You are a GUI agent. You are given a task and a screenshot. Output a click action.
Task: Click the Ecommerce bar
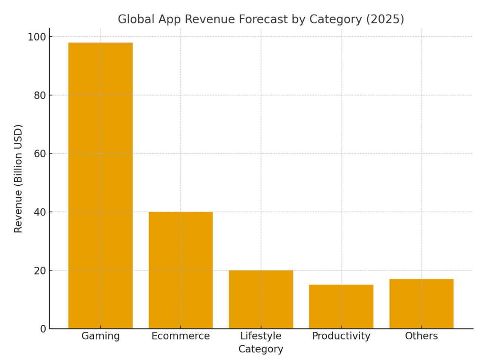point(180,270)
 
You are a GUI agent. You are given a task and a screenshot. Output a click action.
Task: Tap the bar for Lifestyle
point(261,299)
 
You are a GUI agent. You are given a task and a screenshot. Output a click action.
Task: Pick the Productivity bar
point(341,307)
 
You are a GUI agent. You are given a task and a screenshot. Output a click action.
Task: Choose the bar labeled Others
point(421,304)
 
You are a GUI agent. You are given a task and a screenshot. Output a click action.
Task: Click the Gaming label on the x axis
point(100,336)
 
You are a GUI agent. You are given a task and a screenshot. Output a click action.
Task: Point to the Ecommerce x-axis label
point(180,336)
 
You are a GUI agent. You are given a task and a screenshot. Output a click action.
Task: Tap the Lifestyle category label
point(261,336)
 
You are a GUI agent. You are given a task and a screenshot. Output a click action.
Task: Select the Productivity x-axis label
point(341,336)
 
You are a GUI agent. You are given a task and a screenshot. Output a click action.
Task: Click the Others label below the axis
point(421,336)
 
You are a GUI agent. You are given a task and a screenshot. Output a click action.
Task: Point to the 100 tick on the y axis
point(37,37)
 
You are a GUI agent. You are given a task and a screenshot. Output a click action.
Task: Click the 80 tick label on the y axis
point(40,95)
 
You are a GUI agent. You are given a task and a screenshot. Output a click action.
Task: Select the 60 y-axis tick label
point(40,154)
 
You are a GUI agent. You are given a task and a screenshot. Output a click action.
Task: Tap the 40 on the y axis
point(40,212)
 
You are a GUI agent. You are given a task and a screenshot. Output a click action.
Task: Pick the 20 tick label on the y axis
point(40,270)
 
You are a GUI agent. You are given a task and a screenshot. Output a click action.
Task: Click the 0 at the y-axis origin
point(43,329)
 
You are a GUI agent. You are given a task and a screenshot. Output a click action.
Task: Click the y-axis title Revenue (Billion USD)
point(18,178)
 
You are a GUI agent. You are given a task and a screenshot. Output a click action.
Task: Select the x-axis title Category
point(261,349)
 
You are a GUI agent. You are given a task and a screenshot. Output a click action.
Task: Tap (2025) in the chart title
point(385,19)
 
